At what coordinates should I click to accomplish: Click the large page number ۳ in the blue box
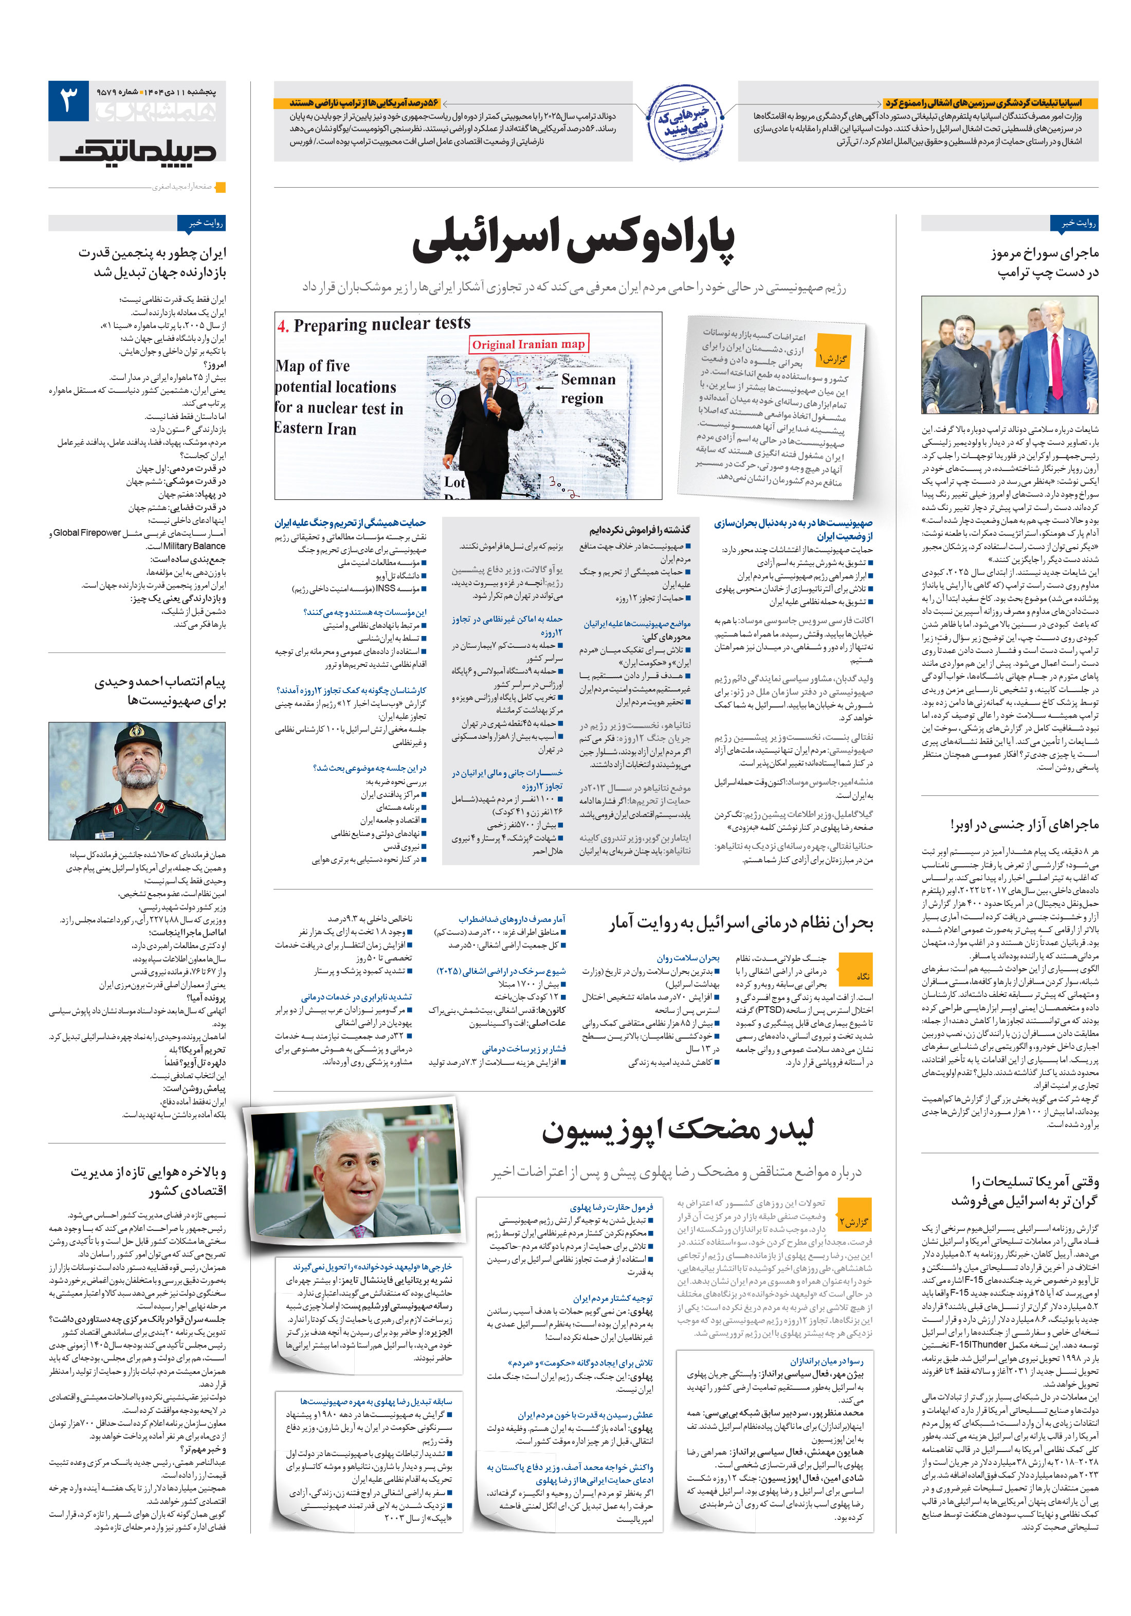pyautogui.click(x=68, y=101)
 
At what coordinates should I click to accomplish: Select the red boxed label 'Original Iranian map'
pyautogui.click(x=528, y=343)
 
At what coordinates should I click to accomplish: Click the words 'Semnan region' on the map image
pyautogui.click(x=587, y=389)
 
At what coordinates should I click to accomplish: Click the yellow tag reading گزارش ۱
pyautogui.click(x=833, y=359)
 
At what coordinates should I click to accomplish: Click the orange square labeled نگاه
pyautogui.click(x=863, y=975)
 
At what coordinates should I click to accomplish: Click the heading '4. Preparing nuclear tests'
pyautogui.click(x=374, y=324)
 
